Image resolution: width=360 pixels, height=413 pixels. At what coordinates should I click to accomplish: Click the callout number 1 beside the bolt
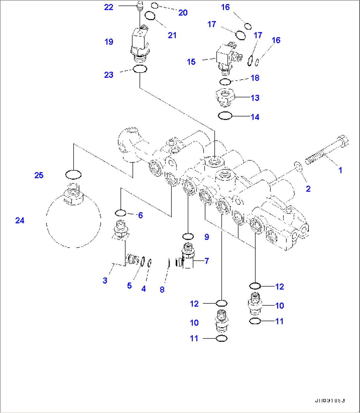point(340,170)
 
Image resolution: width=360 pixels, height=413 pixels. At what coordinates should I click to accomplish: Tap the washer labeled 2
point(297,166)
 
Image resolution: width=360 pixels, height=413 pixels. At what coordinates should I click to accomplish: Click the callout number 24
point(20,220)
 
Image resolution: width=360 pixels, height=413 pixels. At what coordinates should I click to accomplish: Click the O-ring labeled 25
point(73,174)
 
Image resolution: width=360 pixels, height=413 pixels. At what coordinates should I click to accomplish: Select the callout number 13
point(255,98)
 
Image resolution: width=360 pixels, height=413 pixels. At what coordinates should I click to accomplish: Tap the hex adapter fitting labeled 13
point(225,97)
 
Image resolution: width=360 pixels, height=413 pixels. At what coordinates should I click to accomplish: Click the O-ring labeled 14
point(225,116)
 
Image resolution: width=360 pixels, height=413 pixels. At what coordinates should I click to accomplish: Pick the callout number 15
point(191,62)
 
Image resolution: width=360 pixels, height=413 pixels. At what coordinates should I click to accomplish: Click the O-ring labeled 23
point(139,69)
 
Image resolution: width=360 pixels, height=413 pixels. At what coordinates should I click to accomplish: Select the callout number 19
point(109,42)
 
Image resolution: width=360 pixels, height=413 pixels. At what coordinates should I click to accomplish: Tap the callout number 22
point(109,7)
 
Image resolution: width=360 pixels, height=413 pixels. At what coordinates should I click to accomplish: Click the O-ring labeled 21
point(150,16)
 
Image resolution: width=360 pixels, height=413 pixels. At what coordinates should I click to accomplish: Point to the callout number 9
point(207,237)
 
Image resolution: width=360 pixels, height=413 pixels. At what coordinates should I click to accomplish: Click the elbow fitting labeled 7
point(187,259)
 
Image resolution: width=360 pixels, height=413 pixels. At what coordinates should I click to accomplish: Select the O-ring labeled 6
point(121,213)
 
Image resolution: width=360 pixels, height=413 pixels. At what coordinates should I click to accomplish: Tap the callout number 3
point(105,280)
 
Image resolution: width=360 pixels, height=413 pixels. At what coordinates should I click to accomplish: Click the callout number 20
point(183,13)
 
